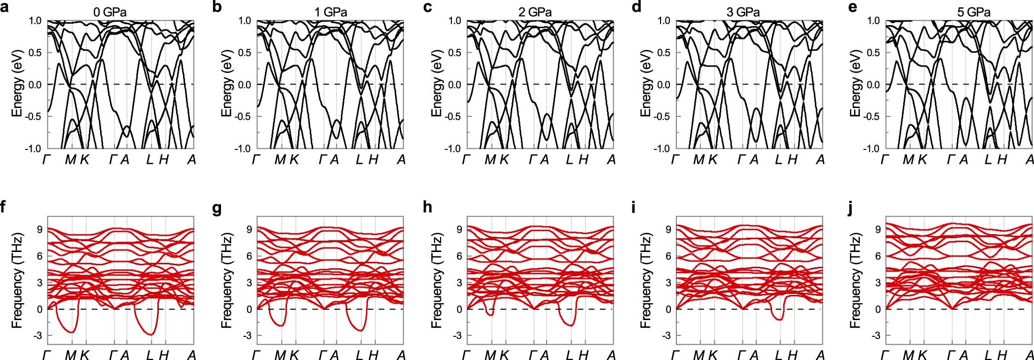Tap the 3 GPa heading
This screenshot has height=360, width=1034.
click(743, 12)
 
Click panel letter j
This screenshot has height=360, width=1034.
click(850, 208)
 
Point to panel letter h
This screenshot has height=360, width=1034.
click(427, 208)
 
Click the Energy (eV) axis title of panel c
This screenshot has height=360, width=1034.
click(437, 84)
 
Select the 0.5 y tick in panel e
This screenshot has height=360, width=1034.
click(873, 53)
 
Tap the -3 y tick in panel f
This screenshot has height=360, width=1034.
click(38, 336)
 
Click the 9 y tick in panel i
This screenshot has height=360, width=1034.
click(667, 229)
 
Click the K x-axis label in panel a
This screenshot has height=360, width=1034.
click(85, 160)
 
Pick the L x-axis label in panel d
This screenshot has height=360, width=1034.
click(778, 160)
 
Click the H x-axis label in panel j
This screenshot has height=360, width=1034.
click(1002, 355)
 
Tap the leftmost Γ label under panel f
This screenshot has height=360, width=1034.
click(47, 355)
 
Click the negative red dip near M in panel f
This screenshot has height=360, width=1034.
click(72, 331)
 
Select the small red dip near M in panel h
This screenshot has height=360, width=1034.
click(490, 314)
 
